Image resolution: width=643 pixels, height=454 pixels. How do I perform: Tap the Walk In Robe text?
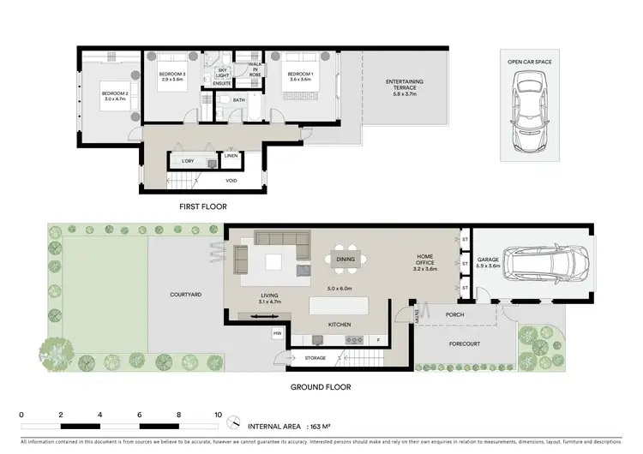point(255,69)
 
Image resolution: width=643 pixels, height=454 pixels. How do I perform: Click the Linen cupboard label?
point(231,156)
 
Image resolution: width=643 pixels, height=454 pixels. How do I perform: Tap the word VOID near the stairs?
point(231,181)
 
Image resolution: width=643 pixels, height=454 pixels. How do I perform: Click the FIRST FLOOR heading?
point(203,206)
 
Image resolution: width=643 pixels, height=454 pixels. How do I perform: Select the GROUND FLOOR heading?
point(319,387)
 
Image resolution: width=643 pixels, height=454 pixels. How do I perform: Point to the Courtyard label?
point(185,294)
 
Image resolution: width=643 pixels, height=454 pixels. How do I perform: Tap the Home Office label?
point(425,263)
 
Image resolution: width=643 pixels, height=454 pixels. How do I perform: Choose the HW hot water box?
point(278,333)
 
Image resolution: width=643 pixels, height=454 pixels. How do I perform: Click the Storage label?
point(315,357)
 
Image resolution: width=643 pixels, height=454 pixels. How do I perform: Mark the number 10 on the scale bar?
point(219,414)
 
